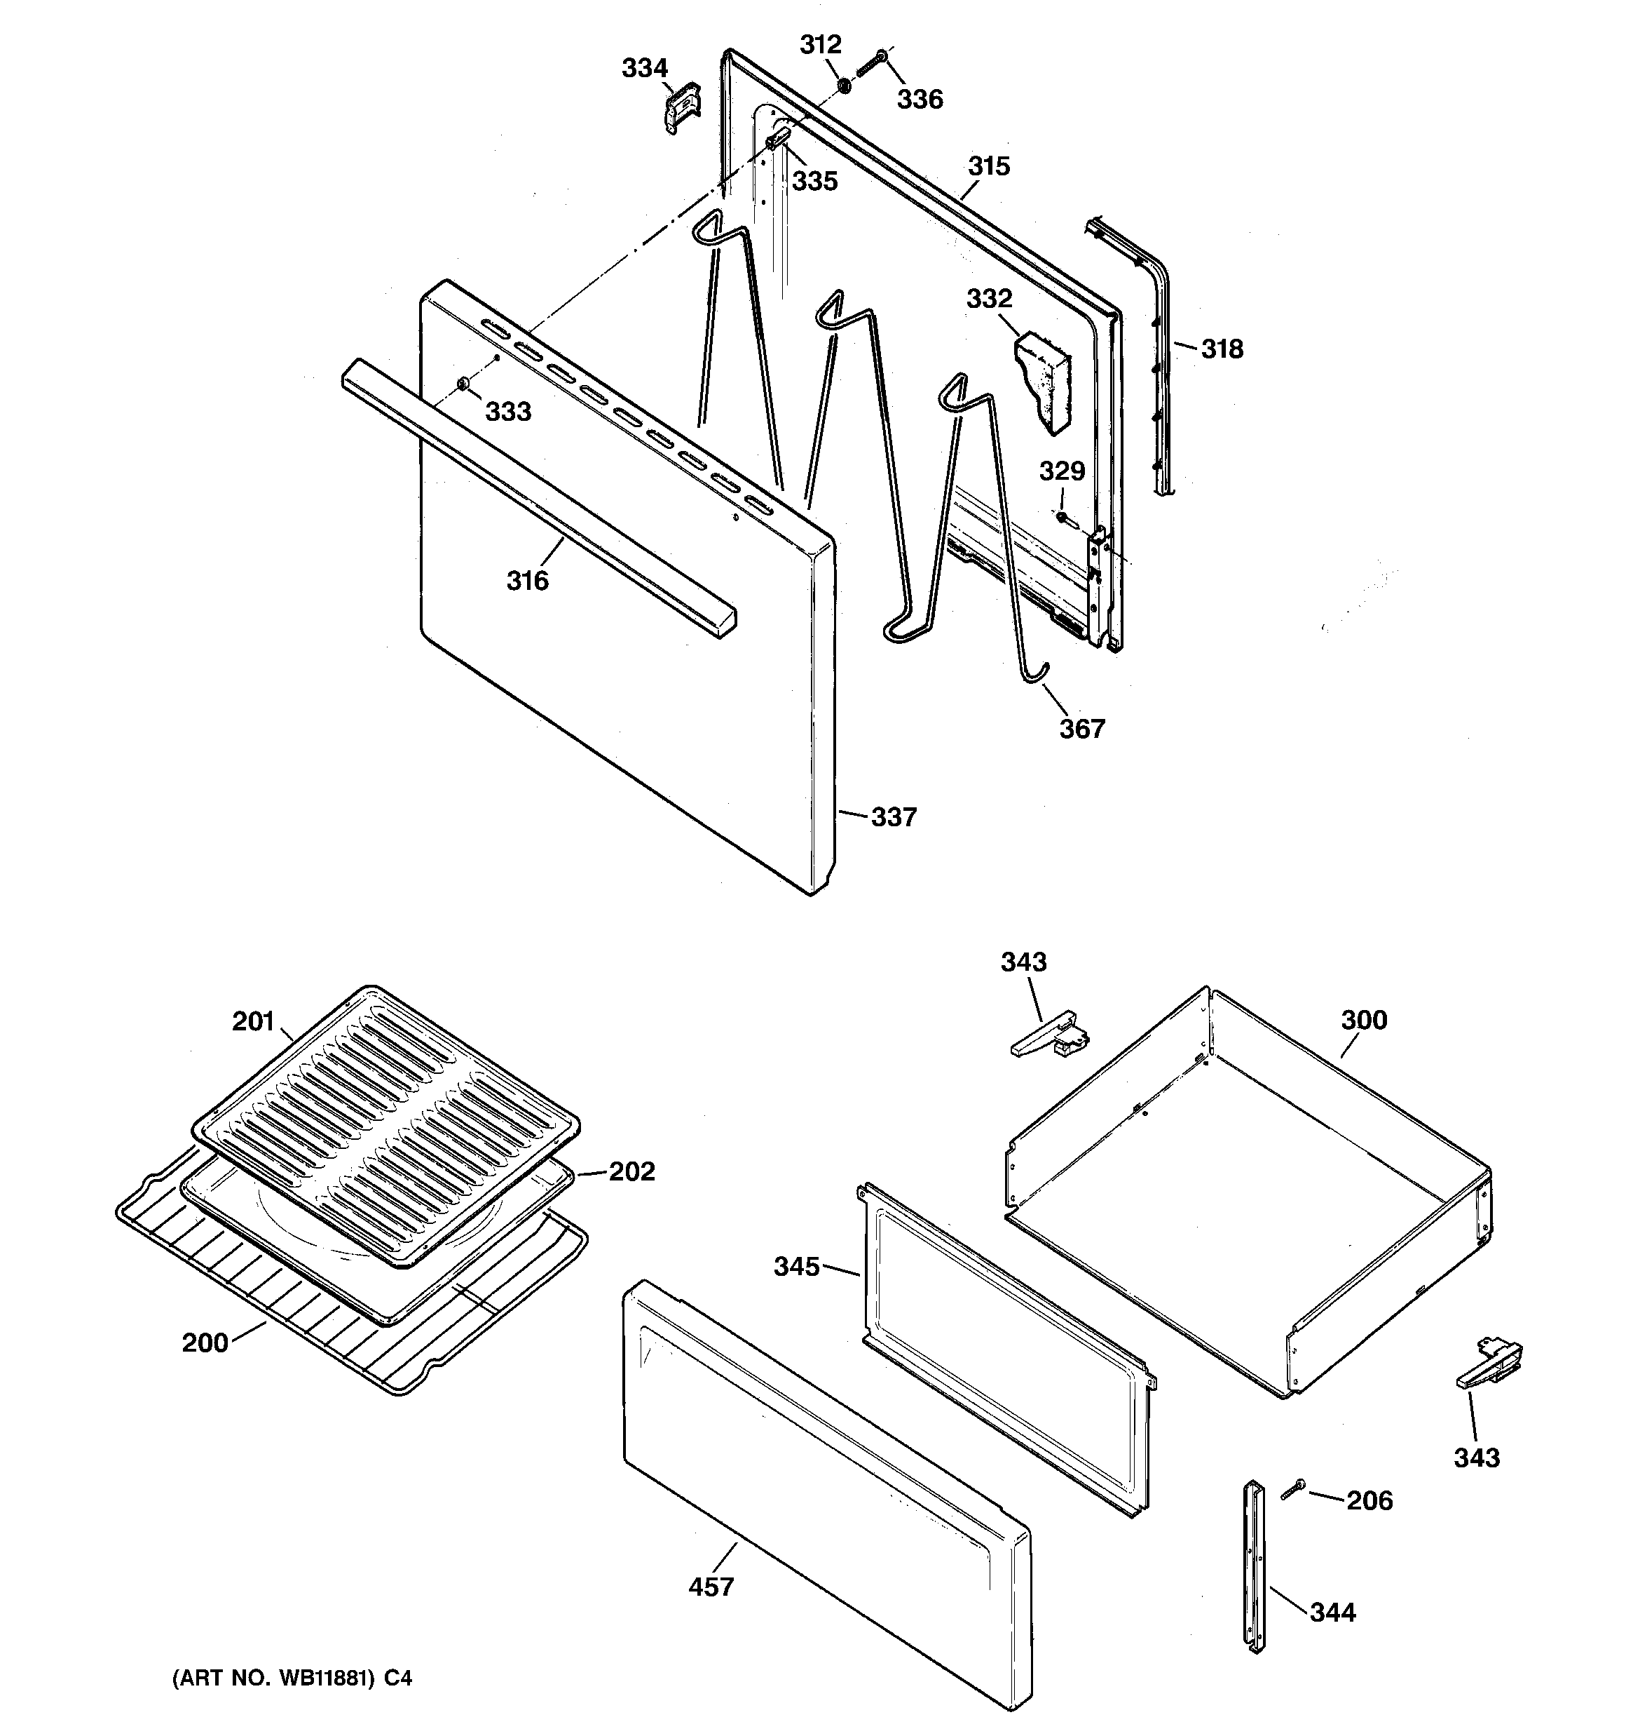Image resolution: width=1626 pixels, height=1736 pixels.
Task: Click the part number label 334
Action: tap(644, 68)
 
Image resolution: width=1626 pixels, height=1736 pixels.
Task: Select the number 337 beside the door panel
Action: tap(893, 816)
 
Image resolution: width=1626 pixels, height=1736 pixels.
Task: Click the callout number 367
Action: tap(1081, 728)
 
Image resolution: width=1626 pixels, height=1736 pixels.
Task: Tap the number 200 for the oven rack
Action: tap(205, 1343)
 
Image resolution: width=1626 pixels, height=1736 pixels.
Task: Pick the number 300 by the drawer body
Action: tap(1363, 1019)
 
